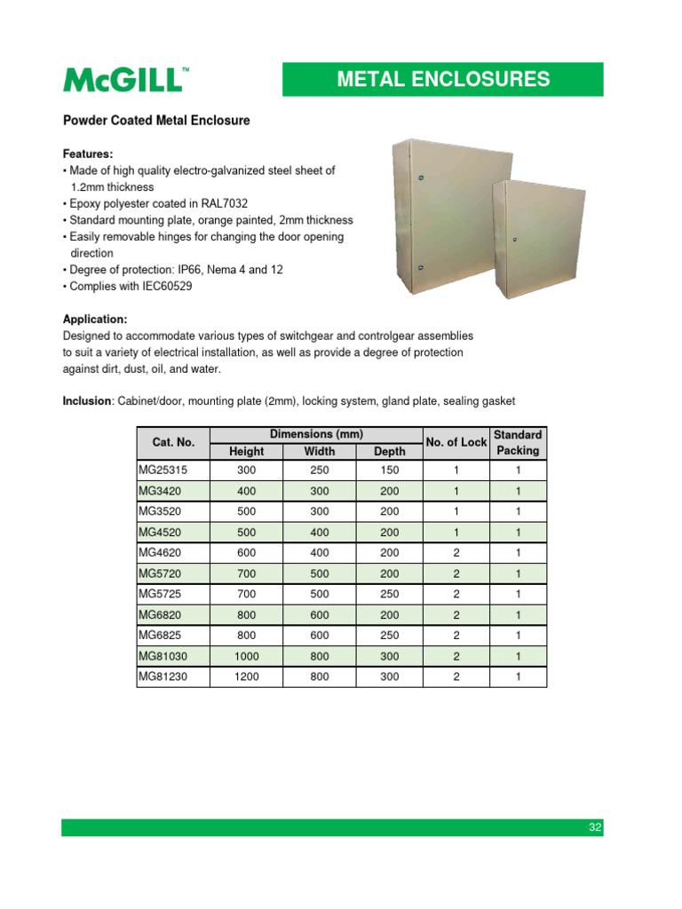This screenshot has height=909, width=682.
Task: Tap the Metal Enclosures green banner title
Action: [442, 79]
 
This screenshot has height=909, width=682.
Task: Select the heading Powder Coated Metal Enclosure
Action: [156, 121]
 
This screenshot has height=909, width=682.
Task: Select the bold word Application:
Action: [95, 319]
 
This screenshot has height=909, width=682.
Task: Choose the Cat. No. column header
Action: [172, 442]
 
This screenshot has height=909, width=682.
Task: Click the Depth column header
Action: [389, 451]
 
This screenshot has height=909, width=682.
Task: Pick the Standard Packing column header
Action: [518, 442]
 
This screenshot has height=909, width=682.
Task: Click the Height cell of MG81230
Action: [246, 676]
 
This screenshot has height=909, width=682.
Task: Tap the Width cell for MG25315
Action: [319, 471]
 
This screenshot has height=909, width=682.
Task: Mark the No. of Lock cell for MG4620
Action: [456, 553]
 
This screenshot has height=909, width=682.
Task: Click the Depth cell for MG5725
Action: [389, 594]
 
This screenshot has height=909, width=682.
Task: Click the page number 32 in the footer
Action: [595, 827]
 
